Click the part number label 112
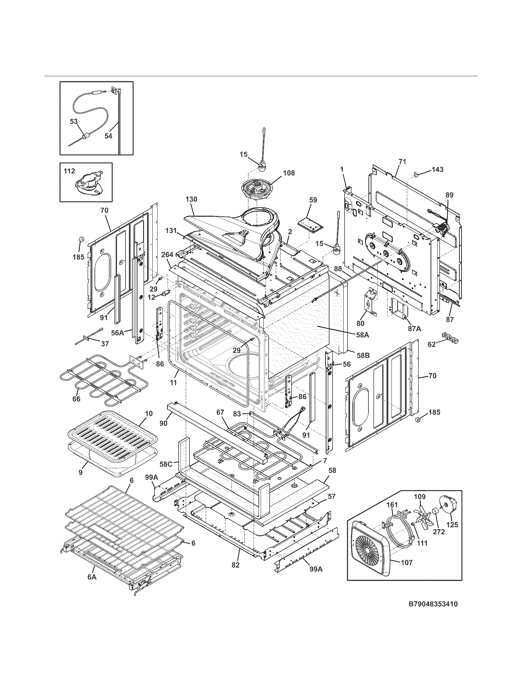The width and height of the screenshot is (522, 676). tap(70, 171)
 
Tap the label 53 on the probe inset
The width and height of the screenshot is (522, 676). tap(74, 122)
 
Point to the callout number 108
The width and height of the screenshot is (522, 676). tap(289, 173)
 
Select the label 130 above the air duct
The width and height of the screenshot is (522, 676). tap(191, 199)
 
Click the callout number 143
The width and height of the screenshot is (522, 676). tap(438, 169)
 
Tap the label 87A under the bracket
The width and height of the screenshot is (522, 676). tap(415, 329)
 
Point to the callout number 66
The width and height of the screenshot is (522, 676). tap(76, 399)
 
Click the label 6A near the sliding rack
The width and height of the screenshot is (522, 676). tap(92, 586)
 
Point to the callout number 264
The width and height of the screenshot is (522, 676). tap(167, 255)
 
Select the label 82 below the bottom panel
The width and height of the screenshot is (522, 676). tap(236, 574)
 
